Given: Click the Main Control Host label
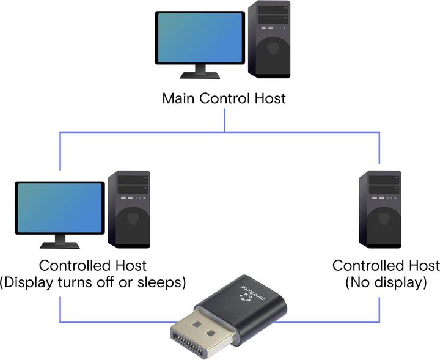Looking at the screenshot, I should pyautogui.click(x=224, y=98).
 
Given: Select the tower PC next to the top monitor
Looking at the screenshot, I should pyautogui.click(x=269, y=40).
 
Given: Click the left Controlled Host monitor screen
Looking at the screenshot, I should pyautogui.click(x=60, y=208).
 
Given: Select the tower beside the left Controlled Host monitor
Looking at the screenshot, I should pyautogui.click(x=129, y=208).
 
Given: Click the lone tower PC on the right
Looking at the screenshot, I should pyautogui.click(x=380, y=208).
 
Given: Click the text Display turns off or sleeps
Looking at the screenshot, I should pyautogui.click(x=93, y=282).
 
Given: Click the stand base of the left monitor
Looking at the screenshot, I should pyautogui.click(x=60, y=245).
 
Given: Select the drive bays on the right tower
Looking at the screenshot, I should pyautogui.click(x=380, y=183).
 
